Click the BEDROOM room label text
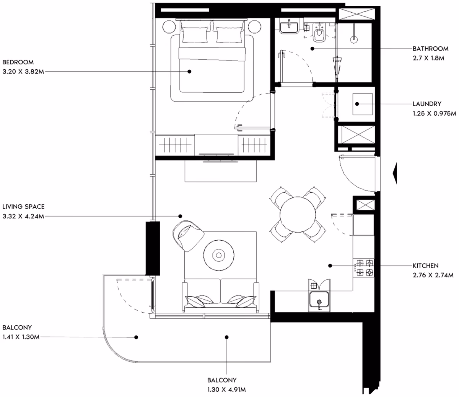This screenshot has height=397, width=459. coord(18,62)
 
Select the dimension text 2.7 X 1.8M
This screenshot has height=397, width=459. coord(428,58)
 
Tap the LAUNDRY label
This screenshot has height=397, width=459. coord(427,104)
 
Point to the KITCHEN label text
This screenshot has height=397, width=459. coord(425,266)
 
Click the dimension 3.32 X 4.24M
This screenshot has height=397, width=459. coord(23,216)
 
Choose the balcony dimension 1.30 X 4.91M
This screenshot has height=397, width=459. coord(226,389)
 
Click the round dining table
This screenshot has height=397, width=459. coord(298,215)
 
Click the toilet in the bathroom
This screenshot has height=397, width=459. coord(319,33)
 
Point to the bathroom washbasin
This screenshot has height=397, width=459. coord(289,28)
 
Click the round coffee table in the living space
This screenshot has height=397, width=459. coord(219,255)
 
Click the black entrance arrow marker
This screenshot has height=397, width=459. coord(395,173)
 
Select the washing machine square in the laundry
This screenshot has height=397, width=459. coord(363,104)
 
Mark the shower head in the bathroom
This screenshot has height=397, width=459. coord(354,40)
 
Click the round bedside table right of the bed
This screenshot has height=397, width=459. coord(254,27)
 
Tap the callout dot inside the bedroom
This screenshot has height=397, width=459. coord(189,71)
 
